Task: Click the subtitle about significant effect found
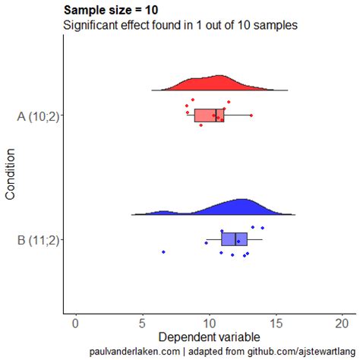click(179, 25)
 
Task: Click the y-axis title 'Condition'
click(11, 174)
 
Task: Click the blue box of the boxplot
click(229, 239)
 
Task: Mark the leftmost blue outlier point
click(163, 251)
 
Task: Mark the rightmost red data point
click(251, 115)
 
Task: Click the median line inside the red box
click(216, 115)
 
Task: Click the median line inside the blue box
click(235, 239)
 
